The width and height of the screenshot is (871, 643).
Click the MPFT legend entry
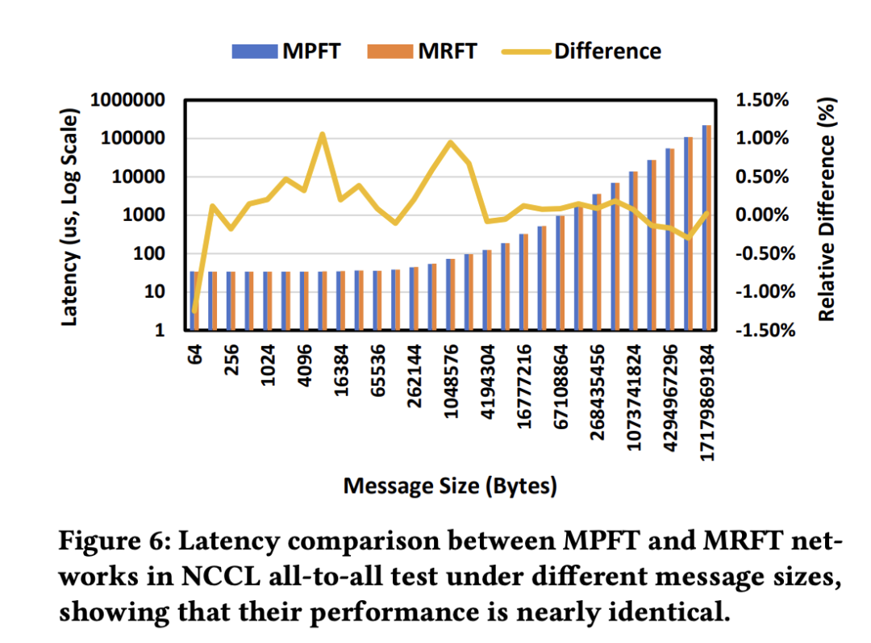click(286, 51)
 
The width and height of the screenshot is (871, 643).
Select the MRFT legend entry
click(422, 51)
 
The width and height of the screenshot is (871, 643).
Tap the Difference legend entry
click(581, 51)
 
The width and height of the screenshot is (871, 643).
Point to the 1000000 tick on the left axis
click(127, 100)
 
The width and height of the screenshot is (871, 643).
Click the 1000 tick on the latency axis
click(144, 215)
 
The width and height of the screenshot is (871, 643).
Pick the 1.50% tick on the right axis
click(762, 100)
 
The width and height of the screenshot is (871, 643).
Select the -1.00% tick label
click(765, 291)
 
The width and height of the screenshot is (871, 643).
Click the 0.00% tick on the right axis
click(762, 215)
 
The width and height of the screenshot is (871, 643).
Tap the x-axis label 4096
click(304, 365)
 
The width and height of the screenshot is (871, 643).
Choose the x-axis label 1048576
click(451, 382)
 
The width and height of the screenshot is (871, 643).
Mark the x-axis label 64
click(194, 354)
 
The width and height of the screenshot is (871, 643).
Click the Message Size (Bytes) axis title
click(450, 486)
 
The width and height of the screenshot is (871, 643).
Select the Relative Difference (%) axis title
click(827, 210)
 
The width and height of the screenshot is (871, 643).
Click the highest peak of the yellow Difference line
click(322, 134)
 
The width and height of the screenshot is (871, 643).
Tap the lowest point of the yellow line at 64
click(194, 311)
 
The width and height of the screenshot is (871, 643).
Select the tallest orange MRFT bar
click(709, 228)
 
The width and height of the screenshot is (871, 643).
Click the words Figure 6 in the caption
click(115, 541)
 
